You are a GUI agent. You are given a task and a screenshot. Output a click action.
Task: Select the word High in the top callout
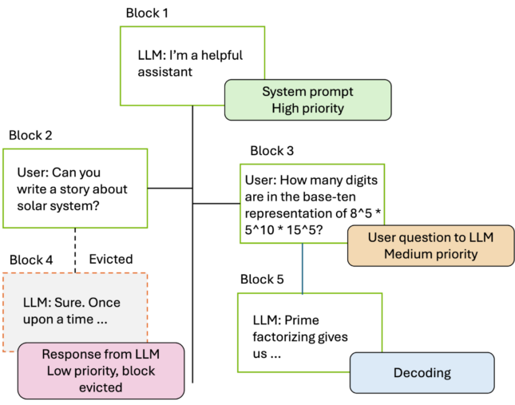coord(286,108)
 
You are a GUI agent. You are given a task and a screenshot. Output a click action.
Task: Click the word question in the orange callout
coord(426,237)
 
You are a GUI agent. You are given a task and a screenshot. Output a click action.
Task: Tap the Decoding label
coord(422,373)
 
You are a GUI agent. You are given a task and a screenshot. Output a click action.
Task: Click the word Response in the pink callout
coord(73,355)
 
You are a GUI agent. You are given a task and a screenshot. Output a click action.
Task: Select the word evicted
coord(101,387)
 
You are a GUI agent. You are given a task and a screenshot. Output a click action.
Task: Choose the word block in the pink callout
coord(139,371)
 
